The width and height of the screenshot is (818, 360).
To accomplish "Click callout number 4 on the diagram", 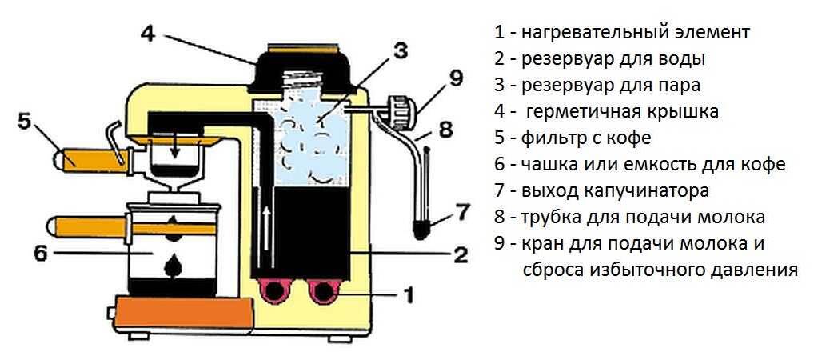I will tap(150, 34).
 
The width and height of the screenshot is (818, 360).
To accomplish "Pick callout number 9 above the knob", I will tap(455, 78).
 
